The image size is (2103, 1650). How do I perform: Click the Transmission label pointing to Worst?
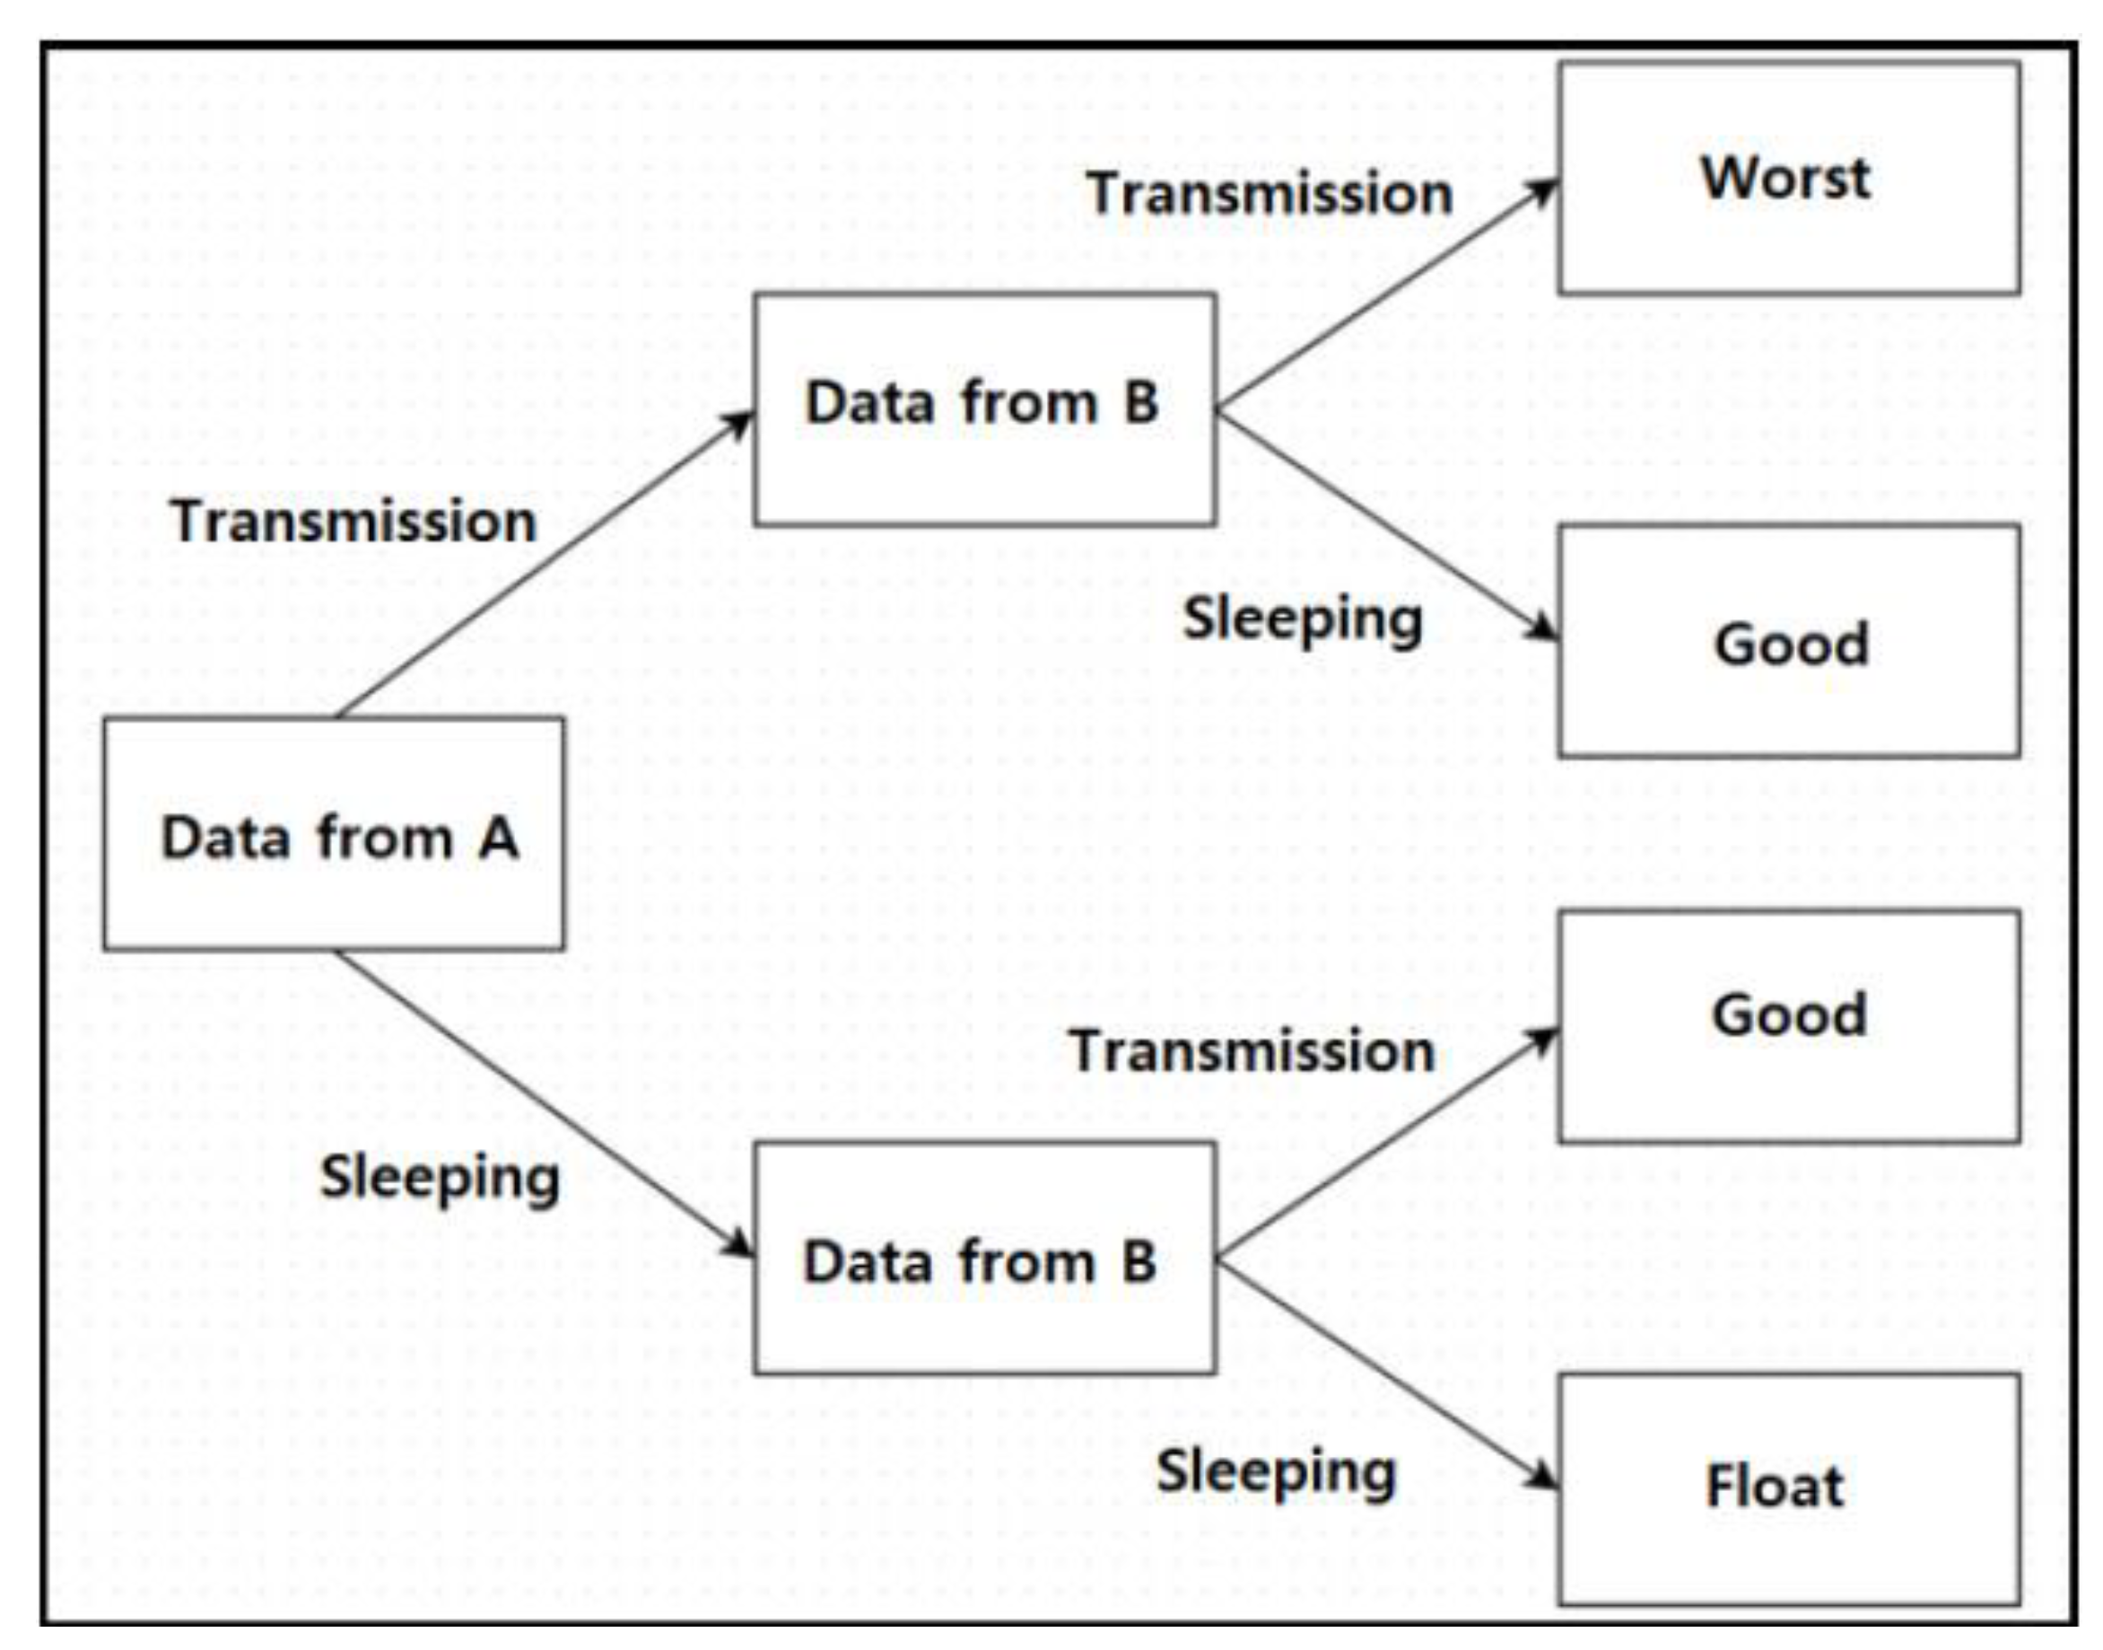(1269, 193)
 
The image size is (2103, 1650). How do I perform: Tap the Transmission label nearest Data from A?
(353, 522)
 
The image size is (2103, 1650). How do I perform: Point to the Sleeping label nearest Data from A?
(440, 1179)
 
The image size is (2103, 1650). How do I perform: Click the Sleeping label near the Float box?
(1276, 1472)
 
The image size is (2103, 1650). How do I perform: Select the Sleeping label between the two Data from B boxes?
(1303, 619)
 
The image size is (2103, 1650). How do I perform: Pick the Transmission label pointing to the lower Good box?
(1252, 1051)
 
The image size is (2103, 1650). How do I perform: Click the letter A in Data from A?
(498, 838)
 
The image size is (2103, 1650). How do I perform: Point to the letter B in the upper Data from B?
(1140, 402)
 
